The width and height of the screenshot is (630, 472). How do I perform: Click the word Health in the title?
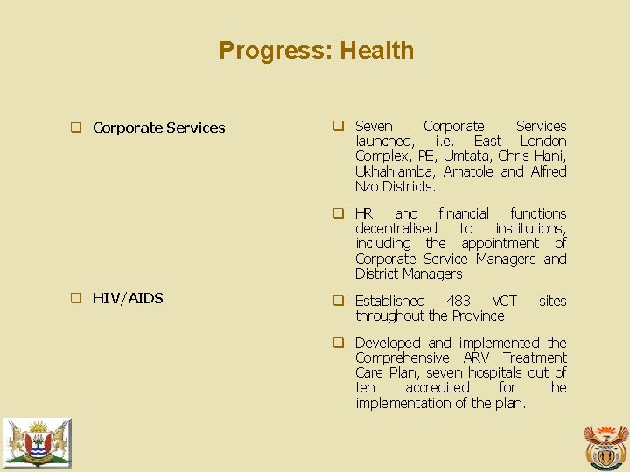click(x=376, y=51)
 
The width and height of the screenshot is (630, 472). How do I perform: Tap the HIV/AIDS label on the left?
click(x=128, y=298)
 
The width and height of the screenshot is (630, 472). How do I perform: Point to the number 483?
click(x=458, y=301)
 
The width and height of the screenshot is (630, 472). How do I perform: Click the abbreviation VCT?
click(x=505, y=301)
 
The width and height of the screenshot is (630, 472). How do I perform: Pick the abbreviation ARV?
click(x=476, y=357)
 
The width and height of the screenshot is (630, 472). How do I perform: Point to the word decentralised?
click(x=395, y=228)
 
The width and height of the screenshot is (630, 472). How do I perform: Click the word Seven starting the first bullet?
click(x=374, y=127)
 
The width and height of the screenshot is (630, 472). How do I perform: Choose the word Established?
click(x=390, y=301)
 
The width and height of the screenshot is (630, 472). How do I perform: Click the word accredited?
click(x=437, y=387)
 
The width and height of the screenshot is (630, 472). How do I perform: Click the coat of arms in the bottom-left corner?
click(x=36, y=442)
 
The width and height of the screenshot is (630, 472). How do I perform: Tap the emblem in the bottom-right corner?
click(x=605, y=446)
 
